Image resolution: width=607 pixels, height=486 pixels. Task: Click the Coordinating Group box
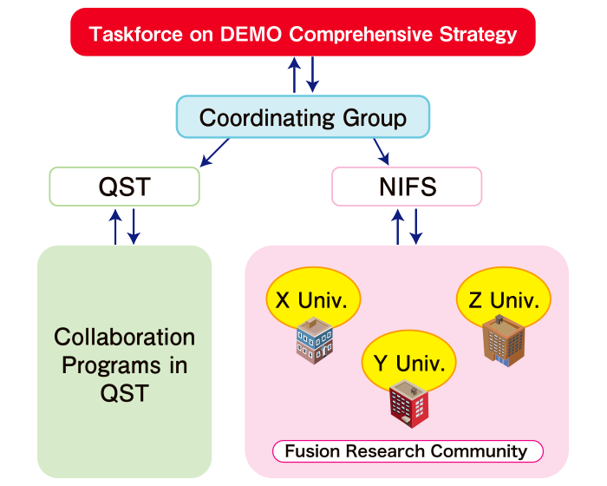point(303,117)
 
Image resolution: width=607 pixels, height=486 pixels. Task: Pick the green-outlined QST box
point(125,186)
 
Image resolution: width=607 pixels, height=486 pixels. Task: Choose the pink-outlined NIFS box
point(407,186)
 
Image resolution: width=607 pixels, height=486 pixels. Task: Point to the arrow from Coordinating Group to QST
point(214,152)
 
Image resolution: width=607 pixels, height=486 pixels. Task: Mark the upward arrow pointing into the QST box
point(115,226)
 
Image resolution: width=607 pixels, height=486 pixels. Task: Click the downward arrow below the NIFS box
point(416,226)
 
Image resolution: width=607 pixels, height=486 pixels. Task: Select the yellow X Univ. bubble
point(311,301)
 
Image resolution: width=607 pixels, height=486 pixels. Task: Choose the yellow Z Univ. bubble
point(504,301)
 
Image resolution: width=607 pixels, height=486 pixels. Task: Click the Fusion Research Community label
point(407,451)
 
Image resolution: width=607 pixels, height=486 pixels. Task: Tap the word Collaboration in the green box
point(124,337)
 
